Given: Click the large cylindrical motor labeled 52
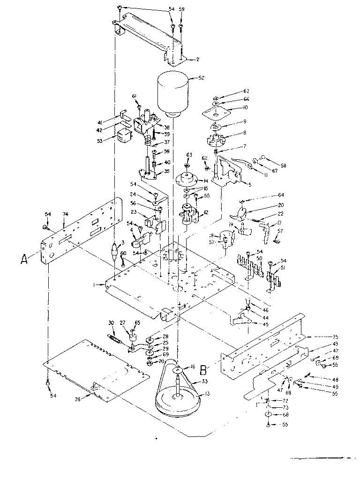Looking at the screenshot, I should tap(174, 94).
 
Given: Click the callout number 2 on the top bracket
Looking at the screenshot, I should tap(197, 60).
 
